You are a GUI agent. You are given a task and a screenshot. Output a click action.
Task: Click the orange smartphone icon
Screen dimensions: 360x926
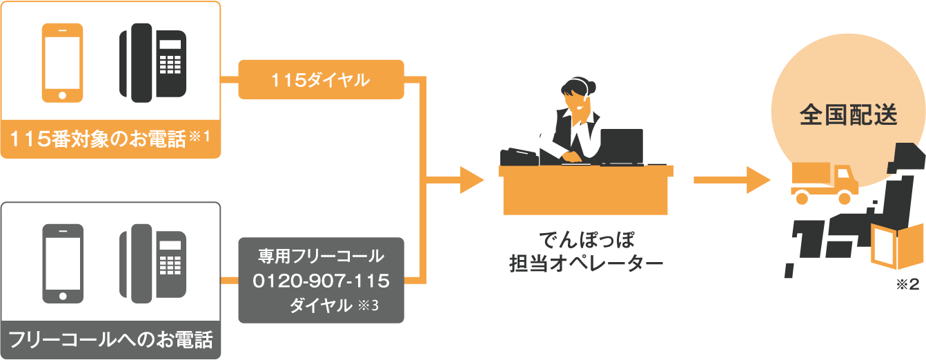[x=63, y=63]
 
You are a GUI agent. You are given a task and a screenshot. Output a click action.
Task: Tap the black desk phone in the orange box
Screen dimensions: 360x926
[x=153, y=63]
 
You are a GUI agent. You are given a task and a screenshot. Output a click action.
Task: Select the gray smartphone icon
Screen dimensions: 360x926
[x=63, y=263]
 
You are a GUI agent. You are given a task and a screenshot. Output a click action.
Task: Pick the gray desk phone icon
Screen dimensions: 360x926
[x=153, y=263]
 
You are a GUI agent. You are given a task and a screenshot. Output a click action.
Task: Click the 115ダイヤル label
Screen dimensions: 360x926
[x=320, y=80]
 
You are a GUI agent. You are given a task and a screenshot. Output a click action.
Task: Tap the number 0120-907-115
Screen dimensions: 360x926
[x=322, y=281]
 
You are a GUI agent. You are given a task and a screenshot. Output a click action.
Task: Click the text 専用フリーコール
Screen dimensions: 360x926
[x=321, y=257]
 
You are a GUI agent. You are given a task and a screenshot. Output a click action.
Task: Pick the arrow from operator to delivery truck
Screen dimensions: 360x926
[x=731, y=181]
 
